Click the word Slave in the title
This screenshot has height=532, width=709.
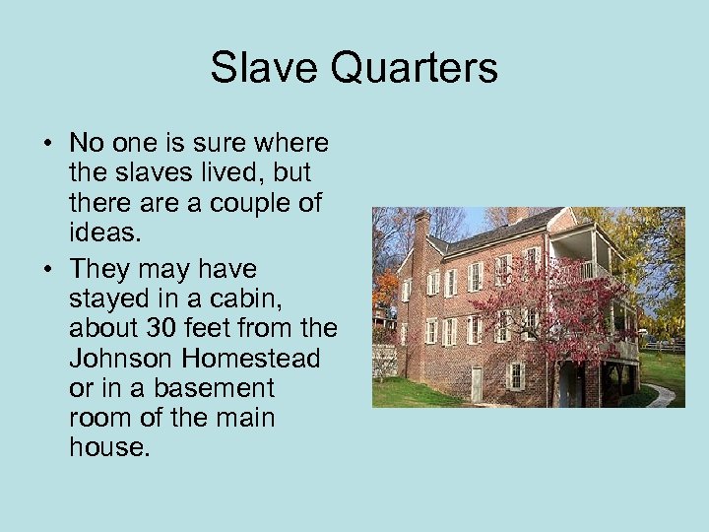coord(260,68)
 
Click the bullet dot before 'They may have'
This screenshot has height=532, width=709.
coord(47,270)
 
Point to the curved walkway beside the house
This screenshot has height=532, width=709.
coord(661,395)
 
